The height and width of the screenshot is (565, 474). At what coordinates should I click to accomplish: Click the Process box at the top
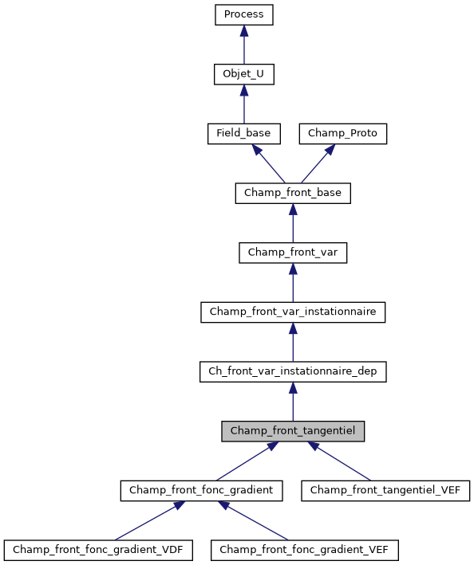244,14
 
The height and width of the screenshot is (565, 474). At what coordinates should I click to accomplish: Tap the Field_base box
243,133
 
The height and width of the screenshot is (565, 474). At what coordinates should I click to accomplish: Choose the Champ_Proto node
343,133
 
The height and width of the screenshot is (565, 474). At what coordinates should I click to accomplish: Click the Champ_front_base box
293,193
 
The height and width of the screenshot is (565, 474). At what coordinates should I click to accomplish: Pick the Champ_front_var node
293,252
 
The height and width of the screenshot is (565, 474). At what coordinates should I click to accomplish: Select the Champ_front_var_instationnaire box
293,312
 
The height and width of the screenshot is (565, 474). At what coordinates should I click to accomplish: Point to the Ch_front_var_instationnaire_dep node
293,371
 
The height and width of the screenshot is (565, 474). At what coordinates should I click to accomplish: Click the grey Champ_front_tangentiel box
293,431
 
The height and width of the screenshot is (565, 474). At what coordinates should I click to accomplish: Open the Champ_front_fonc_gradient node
201,490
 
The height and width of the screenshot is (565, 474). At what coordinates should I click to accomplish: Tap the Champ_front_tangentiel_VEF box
385,490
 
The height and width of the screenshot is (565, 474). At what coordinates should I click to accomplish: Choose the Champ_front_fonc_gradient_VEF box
304,550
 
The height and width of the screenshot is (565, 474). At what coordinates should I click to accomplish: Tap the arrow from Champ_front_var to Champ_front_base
293,222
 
